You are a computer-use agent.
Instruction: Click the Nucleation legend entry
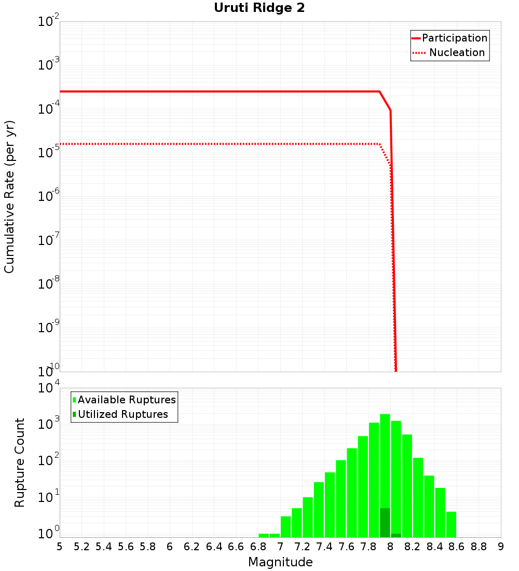pyautogui.click(x=457, y=53)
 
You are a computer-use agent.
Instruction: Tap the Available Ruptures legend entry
pyautogui.click(x=127, y=400)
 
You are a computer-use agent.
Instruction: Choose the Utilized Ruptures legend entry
pyautogui.click(x=122, y=414)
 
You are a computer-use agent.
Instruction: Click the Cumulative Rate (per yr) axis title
pyautogui.click(x=10, y=197)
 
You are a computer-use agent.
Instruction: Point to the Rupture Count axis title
pyautogui.click(x=20, y=463)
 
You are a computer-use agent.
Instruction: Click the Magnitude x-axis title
pyautogui.click(x=280, y=562)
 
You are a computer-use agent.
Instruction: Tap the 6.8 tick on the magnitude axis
pyautogui.click(x=258, y=547)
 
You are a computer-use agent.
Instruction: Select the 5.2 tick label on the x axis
pyautogui.click(x=81, y=547)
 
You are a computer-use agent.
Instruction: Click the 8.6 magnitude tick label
pyautogui.click(x=457, y=547)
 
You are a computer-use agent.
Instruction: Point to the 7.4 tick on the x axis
pyautogui.click(x=324, y=547)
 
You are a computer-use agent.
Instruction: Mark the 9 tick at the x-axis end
pyautogui.click(x=501, y=547)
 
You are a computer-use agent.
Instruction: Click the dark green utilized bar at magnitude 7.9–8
pyautogui.click(x=385, y=523)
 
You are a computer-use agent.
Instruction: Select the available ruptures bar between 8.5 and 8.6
pyautogui.click(x=451, y=524)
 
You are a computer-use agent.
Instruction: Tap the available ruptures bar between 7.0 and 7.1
pyautogui.click(x=285, y=526)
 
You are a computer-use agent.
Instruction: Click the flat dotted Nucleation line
pyautogui.click(x=208, y=144)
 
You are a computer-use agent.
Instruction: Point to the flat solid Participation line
pyautogui.click(x=208, y=91)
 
